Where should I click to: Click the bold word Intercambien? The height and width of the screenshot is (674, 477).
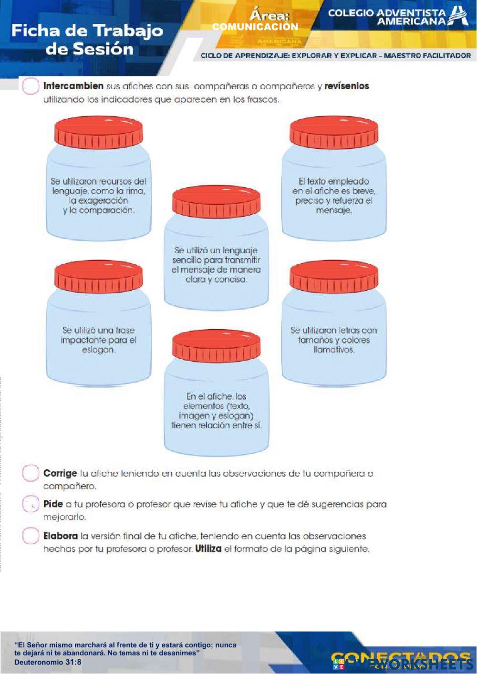tap(73, 86)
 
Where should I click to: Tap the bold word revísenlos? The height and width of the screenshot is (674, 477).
tap(347, 86)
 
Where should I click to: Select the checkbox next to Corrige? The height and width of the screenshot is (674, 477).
tap(31, 473)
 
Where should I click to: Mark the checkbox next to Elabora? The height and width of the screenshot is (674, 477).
tap(31, 536)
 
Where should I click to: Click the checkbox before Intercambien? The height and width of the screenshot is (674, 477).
tap(31, 86)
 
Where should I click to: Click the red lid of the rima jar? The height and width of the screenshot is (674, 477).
tap(99, 132)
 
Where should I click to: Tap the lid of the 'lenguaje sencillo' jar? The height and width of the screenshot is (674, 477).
tap(216, 202)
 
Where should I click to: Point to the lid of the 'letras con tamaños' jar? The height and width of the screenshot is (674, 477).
tap(334, 277)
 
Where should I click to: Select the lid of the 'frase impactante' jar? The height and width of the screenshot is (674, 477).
tap(99, 277)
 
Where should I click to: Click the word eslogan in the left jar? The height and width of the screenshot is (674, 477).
tap(98, 350)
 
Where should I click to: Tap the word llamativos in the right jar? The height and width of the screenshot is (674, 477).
tap(334, 350)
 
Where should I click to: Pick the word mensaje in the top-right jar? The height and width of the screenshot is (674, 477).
tap(334, 210)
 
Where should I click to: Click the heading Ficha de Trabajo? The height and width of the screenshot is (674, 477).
tap(87, 31)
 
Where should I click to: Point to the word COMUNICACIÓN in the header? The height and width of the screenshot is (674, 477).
tap(255, 27)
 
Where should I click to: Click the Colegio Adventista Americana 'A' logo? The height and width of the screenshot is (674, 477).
tap(459, 15)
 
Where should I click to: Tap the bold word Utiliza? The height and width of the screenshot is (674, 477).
tap(208, 549)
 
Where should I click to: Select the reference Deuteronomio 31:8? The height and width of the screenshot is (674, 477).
tap(48, 662)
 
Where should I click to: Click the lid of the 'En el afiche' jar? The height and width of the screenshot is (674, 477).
tap(216, 346)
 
